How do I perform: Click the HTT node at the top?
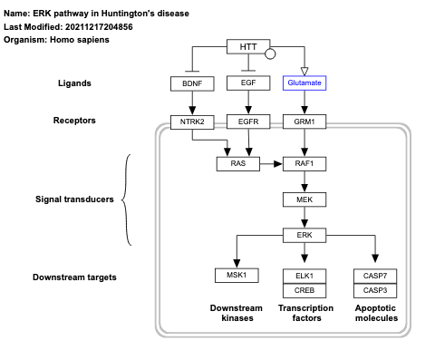click(247, 46)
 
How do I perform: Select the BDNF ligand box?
click(190, 83)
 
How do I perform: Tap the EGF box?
click(247, 83)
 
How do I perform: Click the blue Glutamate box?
click(304, 83)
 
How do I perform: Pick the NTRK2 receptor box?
click(190, 121)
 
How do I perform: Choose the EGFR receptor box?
click(247, 121)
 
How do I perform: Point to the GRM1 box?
click(304, 121)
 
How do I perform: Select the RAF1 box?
click(304, 164)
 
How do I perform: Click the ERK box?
click(304, 236)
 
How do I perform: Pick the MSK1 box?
click(237, 275)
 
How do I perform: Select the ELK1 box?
click(304, 275)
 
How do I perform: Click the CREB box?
click(304, 290)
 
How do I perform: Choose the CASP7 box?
click(374, 275)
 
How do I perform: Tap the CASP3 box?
click(374, 290)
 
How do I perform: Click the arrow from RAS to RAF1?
click(271, 164)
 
